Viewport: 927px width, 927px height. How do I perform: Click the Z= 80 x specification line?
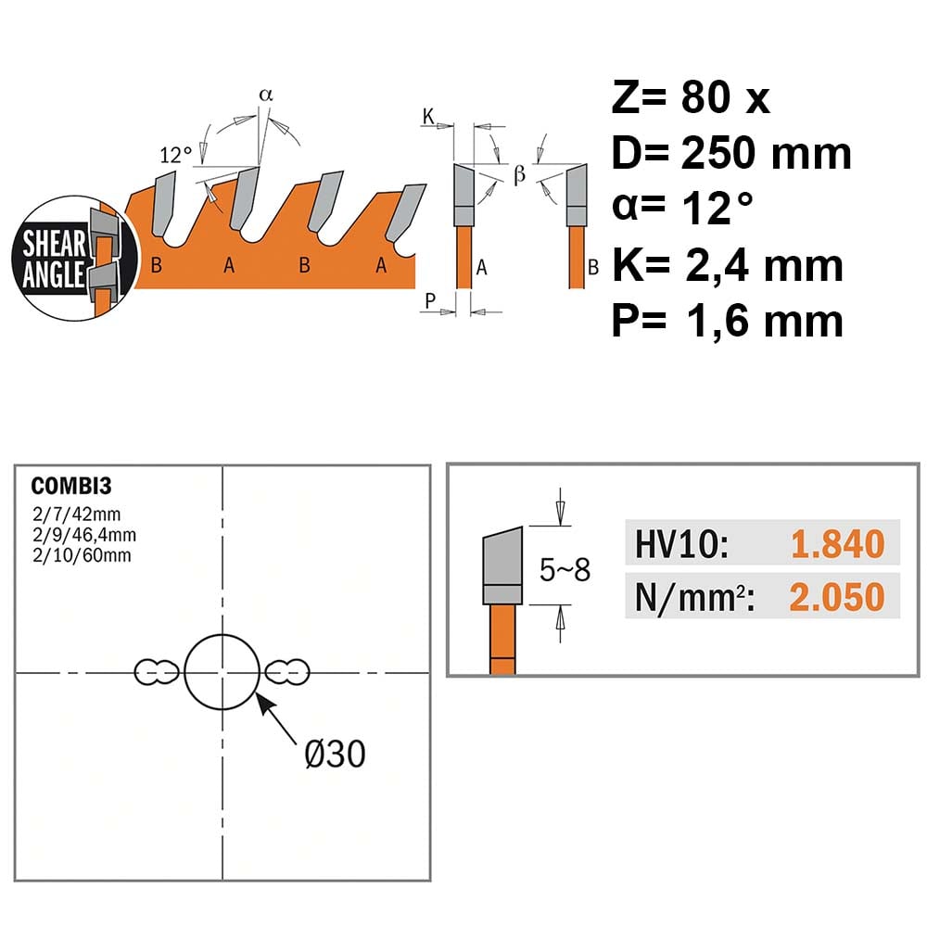(691, 97)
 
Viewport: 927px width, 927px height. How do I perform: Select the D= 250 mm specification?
(731, 153)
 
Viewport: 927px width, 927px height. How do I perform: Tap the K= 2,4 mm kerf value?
(727, 265)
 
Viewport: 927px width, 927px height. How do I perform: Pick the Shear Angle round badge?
(75, 259)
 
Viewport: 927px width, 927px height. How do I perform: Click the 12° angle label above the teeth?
(175, 155)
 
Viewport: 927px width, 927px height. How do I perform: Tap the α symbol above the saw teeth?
(266, 95)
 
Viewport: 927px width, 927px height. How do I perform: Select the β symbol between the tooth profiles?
(520, 174)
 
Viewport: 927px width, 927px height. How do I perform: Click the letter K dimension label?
(428, 116)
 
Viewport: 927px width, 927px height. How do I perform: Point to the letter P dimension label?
(430, 300)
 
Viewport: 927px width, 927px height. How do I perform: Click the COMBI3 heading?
(71, 486)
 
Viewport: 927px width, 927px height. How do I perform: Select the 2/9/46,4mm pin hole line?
(84, 535)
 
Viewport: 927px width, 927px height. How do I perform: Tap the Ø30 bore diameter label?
(336, 754)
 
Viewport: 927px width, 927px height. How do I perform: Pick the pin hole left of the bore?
(157, 672)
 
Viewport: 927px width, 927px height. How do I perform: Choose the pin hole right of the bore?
(286, 672)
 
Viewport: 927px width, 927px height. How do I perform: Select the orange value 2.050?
(837, 597)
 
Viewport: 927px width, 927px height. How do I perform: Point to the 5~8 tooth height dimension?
(565, 570)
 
